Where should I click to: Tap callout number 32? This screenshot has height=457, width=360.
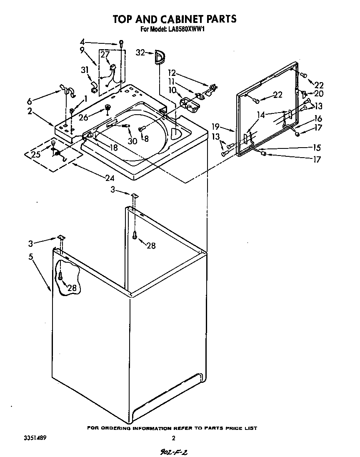click(x=140, y=52)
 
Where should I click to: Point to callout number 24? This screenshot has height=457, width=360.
click(x=110, y=178)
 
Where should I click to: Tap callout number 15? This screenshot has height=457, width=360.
click(x=317, y=148)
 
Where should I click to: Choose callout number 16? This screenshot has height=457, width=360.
click(x=318, y=119)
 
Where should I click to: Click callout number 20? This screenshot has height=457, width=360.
click(x=319, y=94)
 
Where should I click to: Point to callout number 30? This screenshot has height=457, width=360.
click(x=132, y=141)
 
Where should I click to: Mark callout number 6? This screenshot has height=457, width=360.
click(x=29, y=101)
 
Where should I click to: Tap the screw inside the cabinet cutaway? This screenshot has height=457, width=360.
click(x=61, y=275)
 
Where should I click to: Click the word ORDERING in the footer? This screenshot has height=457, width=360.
click(x=117, y=428)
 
